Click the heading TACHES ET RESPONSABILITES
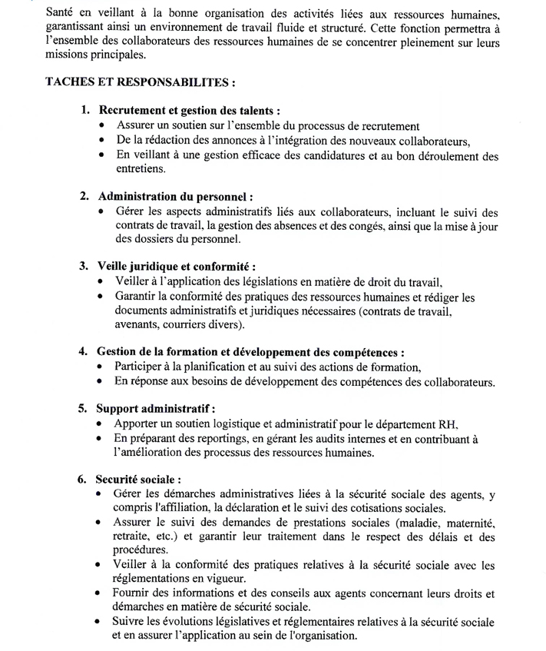point(140,81)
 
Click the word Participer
point(141,367)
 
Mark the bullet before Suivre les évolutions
point(100,622)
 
